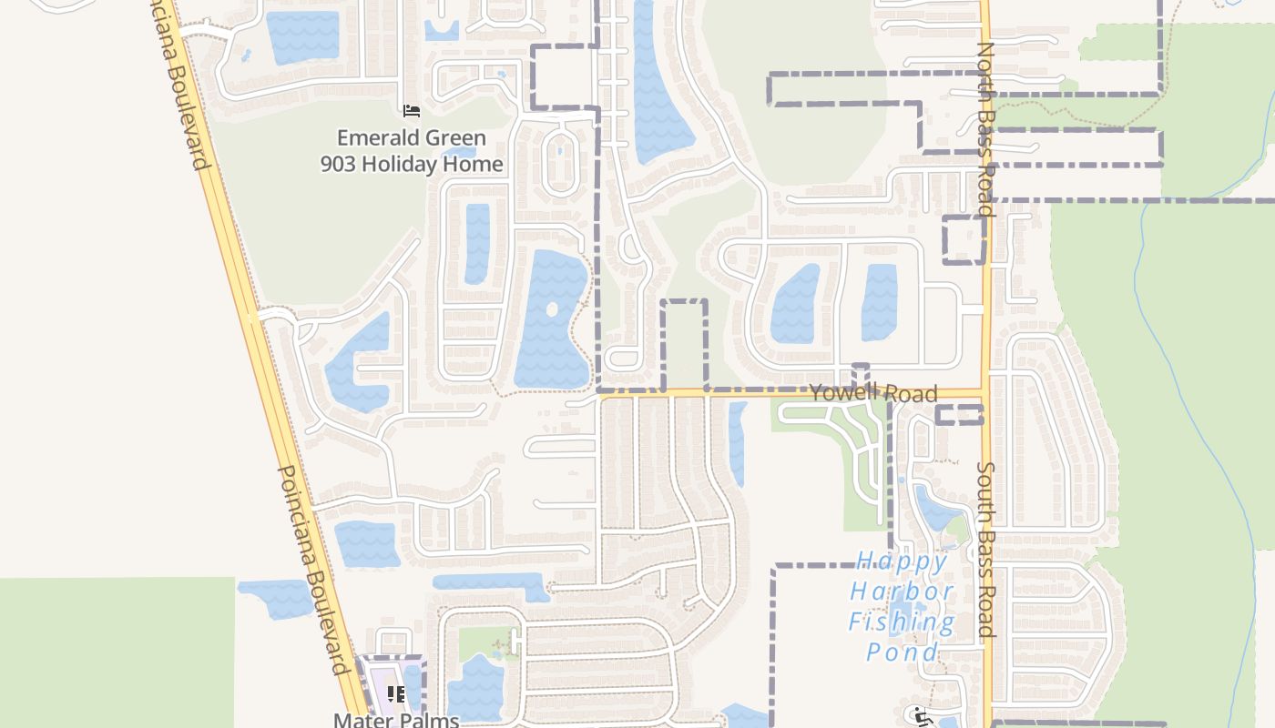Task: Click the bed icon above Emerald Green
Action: pos(412,111)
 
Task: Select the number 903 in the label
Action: pos(338,164)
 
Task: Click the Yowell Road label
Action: pos(872,392)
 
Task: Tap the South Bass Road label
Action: pos(985,549)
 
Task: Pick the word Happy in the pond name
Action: pos(902,561)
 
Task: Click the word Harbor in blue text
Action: pos(902,591)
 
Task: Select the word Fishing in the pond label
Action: pos(902,622)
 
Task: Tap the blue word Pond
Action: pos(902,652)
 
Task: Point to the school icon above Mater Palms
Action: pos(396,694)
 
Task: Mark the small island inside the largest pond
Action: pos(552,309)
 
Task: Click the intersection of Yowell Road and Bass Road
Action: pos(985,393)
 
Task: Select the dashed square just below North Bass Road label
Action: pos(964,240)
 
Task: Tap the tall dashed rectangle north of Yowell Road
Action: pos(684,344)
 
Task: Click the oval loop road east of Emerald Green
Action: pos(560,162)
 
